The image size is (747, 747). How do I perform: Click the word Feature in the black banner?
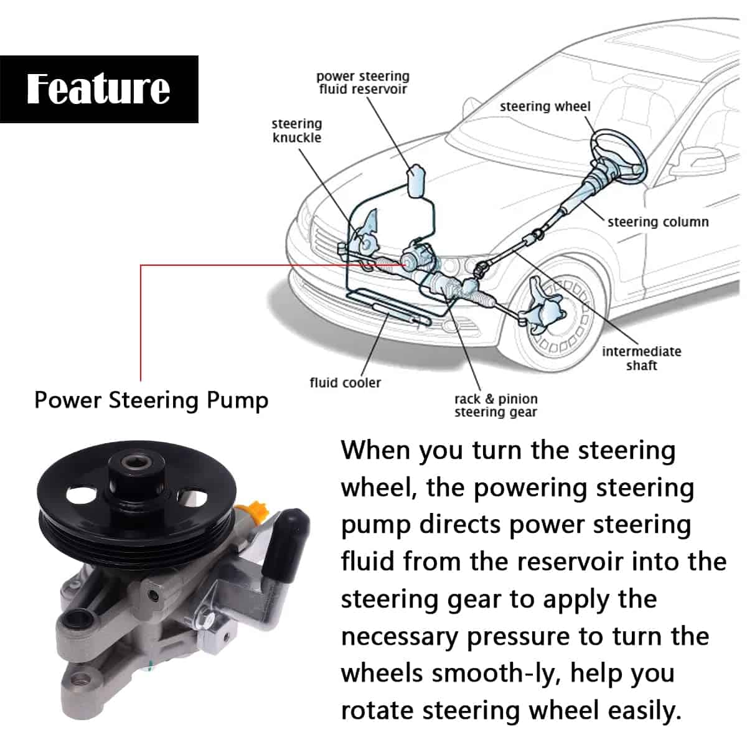pos(98,88)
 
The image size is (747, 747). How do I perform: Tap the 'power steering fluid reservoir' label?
pos(362,83)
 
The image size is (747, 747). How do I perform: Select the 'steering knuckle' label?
pos(296,131)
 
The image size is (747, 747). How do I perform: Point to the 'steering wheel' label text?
pos(545,106)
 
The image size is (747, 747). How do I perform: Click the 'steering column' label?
pos(658,222)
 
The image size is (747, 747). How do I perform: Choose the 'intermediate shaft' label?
pos(641,358)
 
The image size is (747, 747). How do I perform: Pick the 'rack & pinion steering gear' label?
pos(496,405)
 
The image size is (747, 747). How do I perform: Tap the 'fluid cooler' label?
pos(345,383)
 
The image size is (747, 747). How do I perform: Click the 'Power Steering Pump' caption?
pos(151,400)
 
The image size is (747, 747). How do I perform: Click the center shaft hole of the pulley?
pos(133,463)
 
